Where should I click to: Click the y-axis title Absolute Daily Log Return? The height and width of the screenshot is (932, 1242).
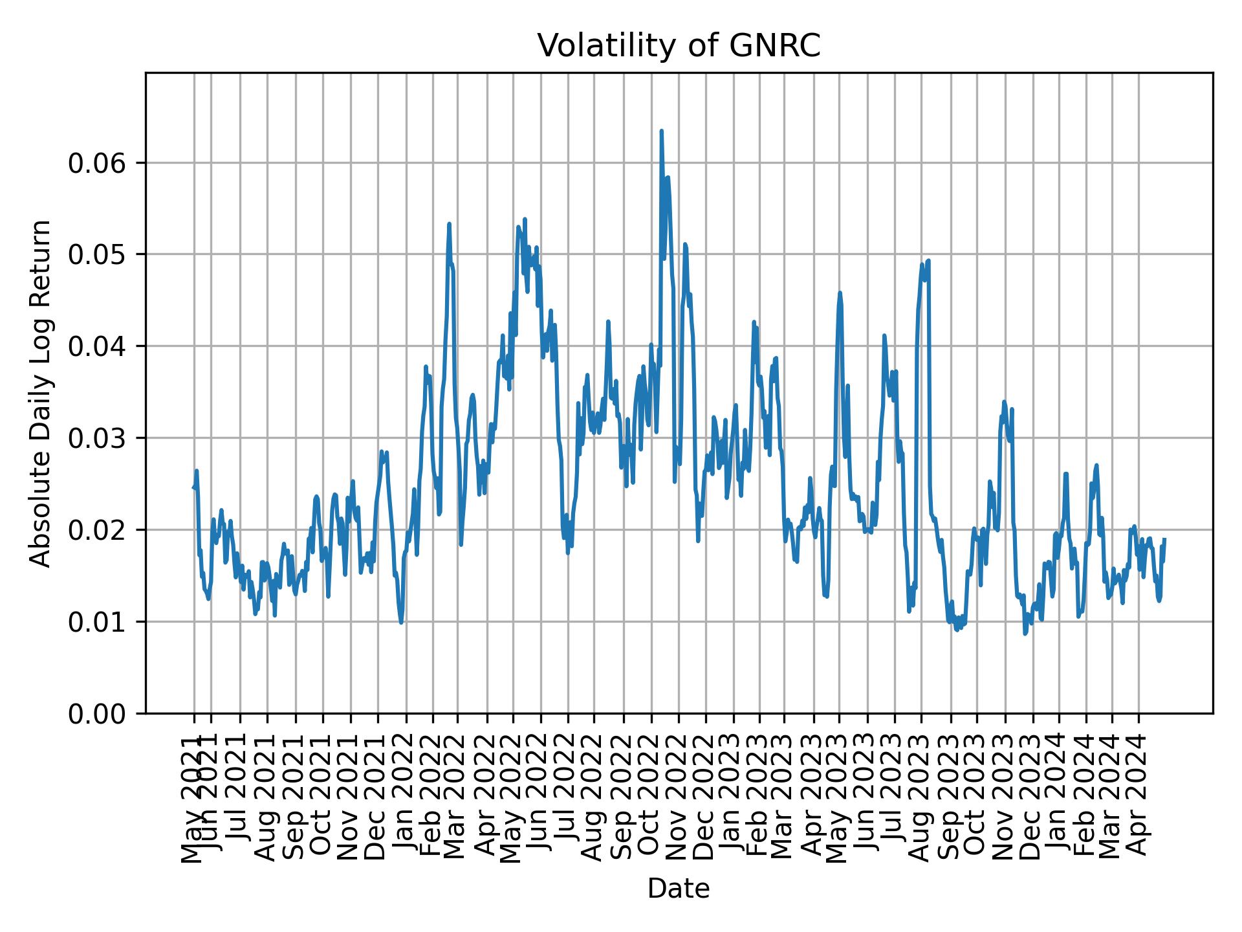(41, 393)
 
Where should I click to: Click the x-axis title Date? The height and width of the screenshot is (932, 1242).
(679, 889)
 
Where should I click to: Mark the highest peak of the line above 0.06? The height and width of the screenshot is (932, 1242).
(661, 131)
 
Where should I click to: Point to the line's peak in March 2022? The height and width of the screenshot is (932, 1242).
(449, 224)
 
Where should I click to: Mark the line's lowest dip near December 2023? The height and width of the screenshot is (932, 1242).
(1025, 633)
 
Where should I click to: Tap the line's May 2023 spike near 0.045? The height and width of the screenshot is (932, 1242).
(840, 293)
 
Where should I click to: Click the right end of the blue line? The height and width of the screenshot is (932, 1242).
(1164, 539)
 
